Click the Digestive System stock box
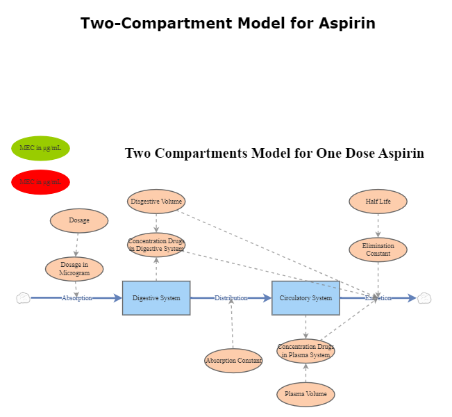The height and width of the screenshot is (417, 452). tap(156, 298)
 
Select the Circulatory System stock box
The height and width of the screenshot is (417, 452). tap(305, 298)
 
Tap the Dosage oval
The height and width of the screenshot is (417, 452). tap(79, 220)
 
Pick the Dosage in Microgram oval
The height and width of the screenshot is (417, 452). tap(74, 269)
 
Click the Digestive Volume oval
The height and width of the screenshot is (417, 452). tap(156, 202)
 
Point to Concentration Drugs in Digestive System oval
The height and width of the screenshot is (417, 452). tap(156, 245)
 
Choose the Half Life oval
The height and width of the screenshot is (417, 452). tap(378, 202)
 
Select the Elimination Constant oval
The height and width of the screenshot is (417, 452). tap(378, 250)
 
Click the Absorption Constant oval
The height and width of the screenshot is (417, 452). tap(233, 361)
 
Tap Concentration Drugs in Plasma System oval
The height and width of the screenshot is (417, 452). tap(305, 350)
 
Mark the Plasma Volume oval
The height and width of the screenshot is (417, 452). tap(305, 394)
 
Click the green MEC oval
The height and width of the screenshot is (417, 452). tap(40, 148)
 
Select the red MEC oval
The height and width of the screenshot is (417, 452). tap(40, 182)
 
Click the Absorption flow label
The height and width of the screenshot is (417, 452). tap(76, 298)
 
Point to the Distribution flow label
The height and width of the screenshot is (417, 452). tap(231, 298)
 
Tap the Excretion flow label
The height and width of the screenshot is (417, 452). tap(378, 298)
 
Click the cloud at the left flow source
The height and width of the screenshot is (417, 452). tap(23, 298)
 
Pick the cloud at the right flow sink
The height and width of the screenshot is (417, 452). tap(424, 298)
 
